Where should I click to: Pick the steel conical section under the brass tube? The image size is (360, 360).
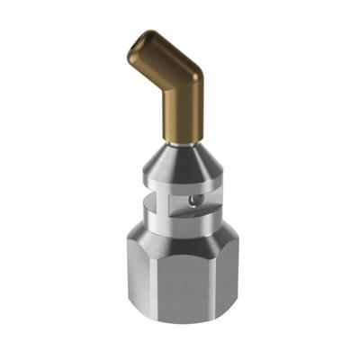point(184,161)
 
